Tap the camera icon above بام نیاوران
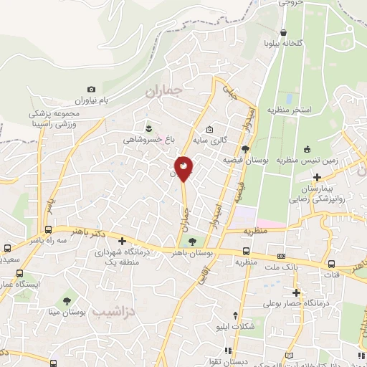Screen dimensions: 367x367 (x=91, y=89)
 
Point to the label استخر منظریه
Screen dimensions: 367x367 (x=290, y=110)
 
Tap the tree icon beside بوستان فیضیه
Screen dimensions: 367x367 (x=246, y=148)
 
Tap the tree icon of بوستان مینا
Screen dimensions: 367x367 (x=67, y=300)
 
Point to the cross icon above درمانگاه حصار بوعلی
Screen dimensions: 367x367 (x=296, y=292)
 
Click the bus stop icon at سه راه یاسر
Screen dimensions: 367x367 (x=49, y=229)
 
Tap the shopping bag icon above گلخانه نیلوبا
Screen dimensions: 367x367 (x=285, y=32)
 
